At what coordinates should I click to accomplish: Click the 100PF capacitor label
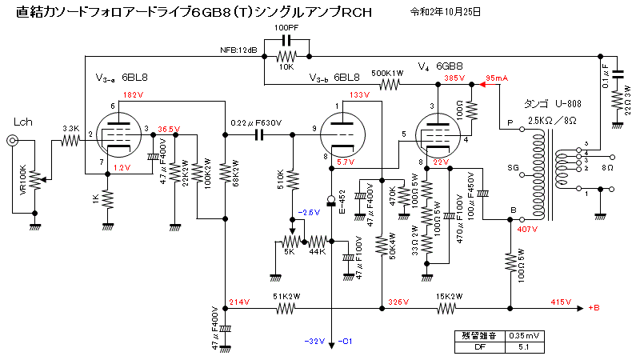pos(287,28)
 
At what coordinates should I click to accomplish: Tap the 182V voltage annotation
pos(133,95)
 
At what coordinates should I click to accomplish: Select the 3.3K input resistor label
pos(70,128)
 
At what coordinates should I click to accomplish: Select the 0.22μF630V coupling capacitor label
pos(255,122)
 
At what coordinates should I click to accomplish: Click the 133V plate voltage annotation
pos(360,95)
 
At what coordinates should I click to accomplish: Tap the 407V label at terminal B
pos(530,230)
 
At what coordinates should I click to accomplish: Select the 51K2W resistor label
pos(286,294)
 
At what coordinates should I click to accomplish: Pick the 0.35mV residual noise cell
pos(525,336)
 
